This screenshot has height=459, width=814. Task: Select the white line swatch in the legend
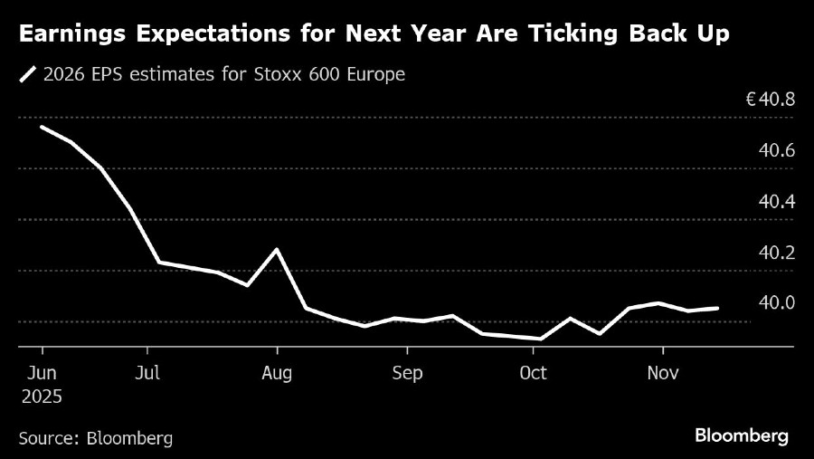(27, 75)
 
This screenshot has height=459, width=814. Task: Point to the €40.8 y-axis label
(769, 100)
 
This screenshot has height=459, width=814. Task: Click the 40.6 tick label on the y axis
(776, 150)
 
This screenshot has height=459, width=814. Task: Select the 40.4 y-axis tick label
(776, 201)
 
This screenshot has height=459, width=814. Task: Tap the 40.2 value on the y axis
(776, 252)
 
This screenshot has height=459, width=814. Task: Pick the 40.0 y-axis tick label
(776, 302)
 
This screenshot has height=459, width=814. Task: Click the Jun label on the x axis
(42, 372)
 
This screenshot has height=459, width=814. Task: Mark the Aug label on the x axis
(277, 372)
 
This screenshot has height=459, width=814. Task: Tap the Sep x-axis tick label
(406, 372)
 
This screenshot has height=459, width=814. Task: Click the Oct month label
(533, 372)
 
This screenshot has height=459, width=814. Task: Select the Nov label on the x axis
(663, 372)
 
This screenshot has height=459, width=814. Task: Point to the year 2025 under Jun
(42, 396)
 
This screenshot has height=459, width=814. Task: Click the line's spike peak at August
(277, 249)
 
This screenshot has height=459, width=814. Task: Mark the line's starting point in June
(42, 127)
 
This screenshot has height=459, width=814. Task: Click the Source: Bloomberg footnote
(95, 438)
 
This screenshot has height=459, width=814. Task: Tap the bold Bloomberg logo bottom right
(742, 436)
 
